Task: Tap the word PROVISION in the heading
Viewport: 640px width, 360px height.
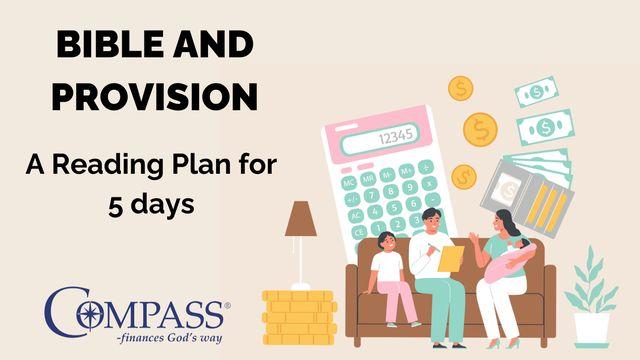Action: tap(155, 96)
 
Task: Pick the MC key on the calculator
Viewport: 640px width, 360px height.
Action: tap(349, 183)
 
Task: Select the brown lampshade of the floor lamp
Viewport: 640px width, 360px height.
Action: tap(300, 219)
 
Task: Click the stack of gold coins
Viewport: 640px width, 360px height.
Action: tap(297, 317)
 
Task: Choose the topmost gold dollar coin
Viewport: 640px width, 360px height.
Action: tap(460, 89)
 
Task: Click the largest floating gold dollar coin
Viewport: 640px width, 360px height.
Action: tap(480, 128)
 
